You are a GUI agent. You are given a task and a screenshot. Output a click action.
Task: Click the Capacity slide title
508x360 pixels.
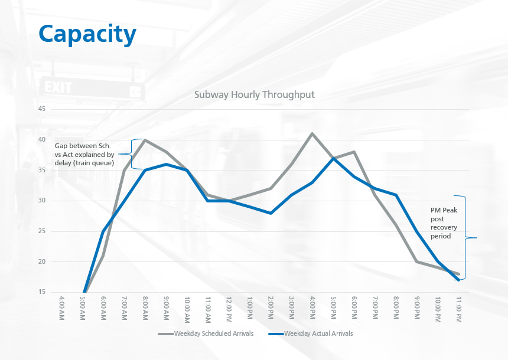pyautogui.click(x=87, y=34)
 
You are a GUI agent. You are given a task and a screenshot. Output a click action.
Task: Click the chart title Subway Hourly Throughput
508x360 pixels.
pyautogui.click(x=255, y=94)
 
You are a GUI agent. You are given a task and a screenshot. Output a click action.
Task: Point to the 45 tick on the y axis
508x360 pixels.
pyautogui.click(x=41, y=109)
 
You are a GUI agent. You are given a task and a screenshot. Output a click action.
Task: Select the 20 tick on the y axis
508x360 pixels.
pyautogui.click(x=41, y=261)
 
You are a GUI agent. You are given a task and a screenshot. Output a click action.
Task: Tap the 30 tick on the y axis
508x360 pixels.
pyautogui.click(x=41, y=201)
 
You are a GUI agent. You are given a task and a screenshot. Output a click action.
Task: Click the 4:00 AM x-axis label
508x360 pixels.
pyautogui.click(x=61, y=309)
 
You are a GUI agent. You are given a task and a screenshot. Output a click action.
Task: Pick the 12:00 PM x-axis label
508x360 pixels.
pyautogui.click(x=229, y=309)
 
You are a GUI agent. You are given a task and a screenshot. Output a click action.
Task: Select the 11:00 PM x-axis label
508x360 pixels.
pyautogui.click(x=458, y=309)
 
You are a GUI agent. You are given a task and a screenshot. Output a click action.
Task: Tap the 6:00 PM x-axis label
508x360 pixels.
pyautogui.click(x=354, y=309)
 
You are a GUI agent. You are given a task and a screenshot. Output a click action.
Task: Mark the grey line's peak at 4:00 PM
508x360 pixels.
pyautogui.click(x=312, y=133)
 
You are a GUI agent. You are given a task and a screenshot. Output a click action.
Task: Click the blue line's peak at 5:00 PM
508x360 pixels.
pyautogui.click(x=333, y=158)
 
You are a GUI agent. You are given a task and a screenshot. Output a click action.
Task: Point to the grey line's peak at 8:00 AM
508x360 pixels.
pyautogui.click(x=145, y=140)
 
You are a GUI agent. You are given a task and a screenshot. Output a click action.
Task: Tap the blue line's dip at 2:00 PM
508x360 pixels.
pyautogui.click(x=271, y=213)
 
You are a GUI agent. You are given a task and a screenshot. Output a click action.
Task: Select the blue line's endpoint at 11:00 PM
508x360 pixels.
pyautogui.click(x=459, y=280)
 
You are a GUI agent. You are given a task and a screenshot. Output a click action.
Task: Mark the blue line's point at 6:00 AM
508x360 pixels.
pyautogui.click(x=103, y=231)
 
